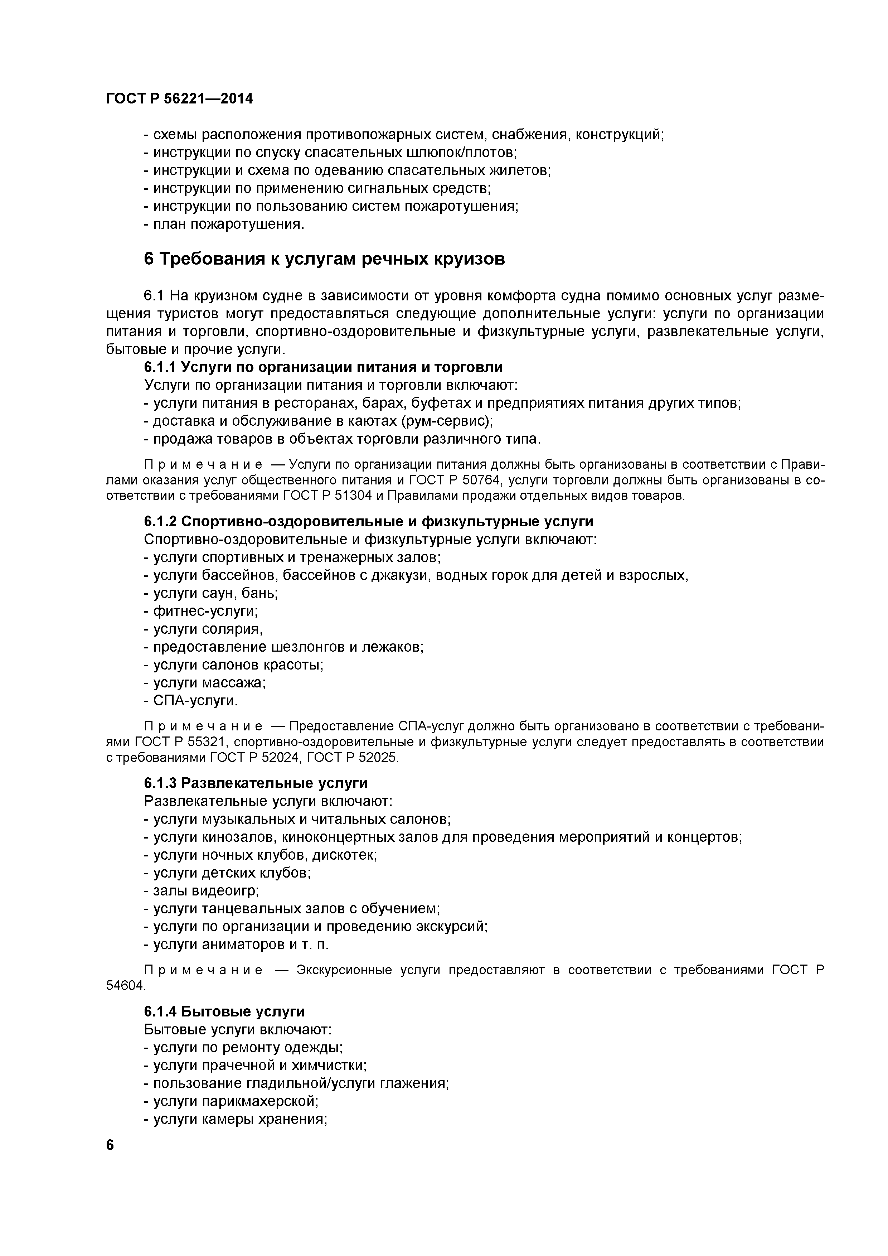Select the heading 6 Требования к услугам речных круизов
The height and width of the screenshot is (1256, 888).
click(324, 259)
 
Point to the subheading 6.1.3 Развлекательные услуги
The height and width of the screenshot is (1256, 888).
click(255, 783)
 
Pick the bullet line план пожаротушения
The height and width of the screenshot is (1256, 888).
click(224, 224)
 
